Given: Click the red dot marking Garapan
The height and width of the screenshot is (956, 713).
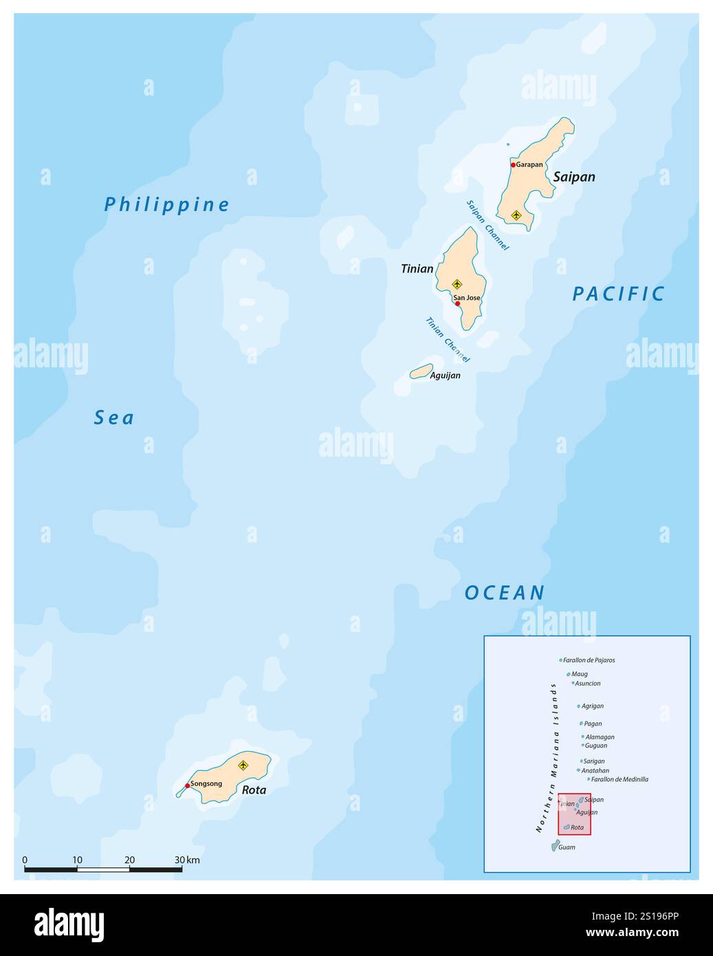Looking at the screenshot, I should [513, 165].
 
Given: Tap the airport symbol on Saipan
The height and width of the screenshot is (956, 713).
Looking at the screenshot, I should [516, 215].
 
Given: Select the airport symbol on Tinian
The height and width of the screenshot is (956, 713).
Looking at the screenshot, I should [457, 284].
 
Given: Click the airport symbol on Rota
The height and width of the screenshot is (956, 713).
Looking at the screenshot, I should [242, 765].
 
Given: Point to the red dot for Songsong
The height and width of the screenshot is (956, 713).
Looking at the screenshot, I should [187, 785].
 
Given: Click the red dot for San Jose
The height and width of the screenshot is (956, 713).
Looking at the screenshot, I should [457, 303].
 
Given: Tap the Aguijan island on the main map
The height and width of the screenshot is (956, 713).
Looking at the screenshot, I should [421, 371].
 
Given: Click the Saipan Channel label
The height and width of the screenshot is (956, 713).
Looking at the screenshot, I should [487, 225].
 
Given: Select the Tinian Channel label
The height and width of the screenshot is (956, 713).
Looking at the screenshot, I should [448, 340].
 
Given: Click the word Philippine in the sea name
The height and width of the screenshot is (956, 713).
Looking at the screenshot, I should [167, 204].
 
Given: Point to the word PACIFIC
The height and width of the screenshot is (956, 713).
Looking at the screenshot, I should [619, 294].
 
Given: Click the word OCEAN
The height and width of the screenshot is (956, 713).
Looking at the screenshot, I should [505, 593].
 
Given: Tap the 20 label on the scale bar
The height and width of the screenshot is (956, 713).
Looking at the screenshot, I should [129, 860].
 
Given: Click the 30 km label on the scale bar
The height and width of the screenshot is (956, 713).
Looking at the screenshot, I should [187, 860].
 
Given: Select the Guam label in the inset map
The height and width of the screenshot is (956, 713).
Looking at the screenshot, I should [567, 847].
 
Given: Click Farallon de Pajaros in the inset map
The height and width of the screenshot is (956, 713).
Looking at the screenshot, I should [589, 660].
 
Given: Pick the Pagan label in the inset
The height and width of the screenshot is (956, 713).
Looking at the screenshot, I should [593, 724].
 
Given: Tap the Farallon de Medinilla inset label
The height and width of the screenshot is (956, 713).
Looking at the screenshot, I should [619, 779].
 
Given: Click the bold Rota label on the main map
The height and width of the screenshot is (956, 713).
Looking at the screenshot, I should [254, 790].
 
